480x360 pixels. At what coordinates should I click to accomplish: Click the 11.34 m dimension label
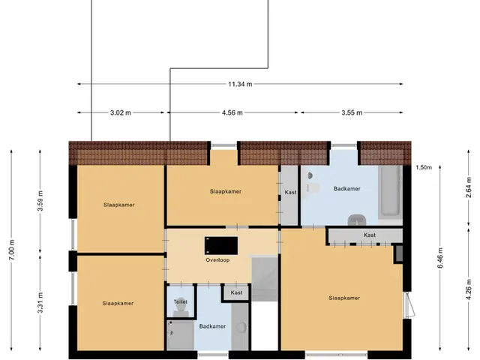[x=240, y=84]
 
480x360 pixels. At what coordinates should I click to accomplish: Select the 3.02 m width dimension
[x=121, y=112]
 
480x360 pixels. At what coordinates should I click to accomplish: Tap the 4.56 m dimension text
[x=232, y=112]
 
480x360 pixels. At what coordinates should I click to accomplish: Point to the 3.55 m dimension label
[x=352, y=112]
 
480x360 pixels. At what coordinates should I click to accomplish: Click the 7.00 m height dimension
[x=12, y=250]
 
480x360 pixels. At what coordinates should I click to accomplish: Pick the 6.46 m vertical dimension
[x=440, y=258]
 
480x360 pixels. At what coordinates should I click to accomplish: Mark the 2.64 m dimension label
[x=468, y=187]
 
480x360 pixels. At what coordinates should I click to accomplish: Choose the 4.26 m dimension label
[x=468, y=289]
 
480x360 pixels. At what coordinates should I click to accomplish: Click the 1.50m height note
[x=424, y=167]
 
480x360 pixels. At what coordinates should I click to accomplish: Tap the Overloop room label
[x=217, y=260]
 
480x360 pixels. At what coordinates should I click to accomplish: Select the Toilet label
[x=181, y=301]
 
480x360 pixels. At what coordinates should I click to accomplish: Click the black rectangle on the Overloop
[x=221, y=245]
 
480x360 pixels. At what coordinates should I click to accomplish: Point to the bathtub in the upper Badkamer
[x=390, y=192]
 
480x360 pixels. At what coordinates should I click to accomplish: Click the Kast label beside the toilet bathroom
[x=237, y=292]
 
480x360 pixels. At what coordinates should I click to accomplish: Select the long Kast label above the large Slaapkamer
[x=370, y=235]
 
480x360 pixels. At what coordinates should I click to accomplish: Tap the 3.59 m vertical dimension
[x=40, y=200]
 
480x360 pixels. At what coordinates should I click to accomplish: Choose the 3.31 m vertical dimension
[x=40, y=303]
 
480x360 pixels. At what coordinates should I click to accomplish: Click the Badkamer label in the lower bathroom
[x=212, y=326]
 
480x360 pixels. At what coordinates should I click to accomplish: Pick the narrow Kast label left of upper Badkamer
[x=290, y=192]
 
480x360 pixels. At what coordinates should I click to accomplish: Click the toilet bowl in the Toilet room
[x=181, y=307]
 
